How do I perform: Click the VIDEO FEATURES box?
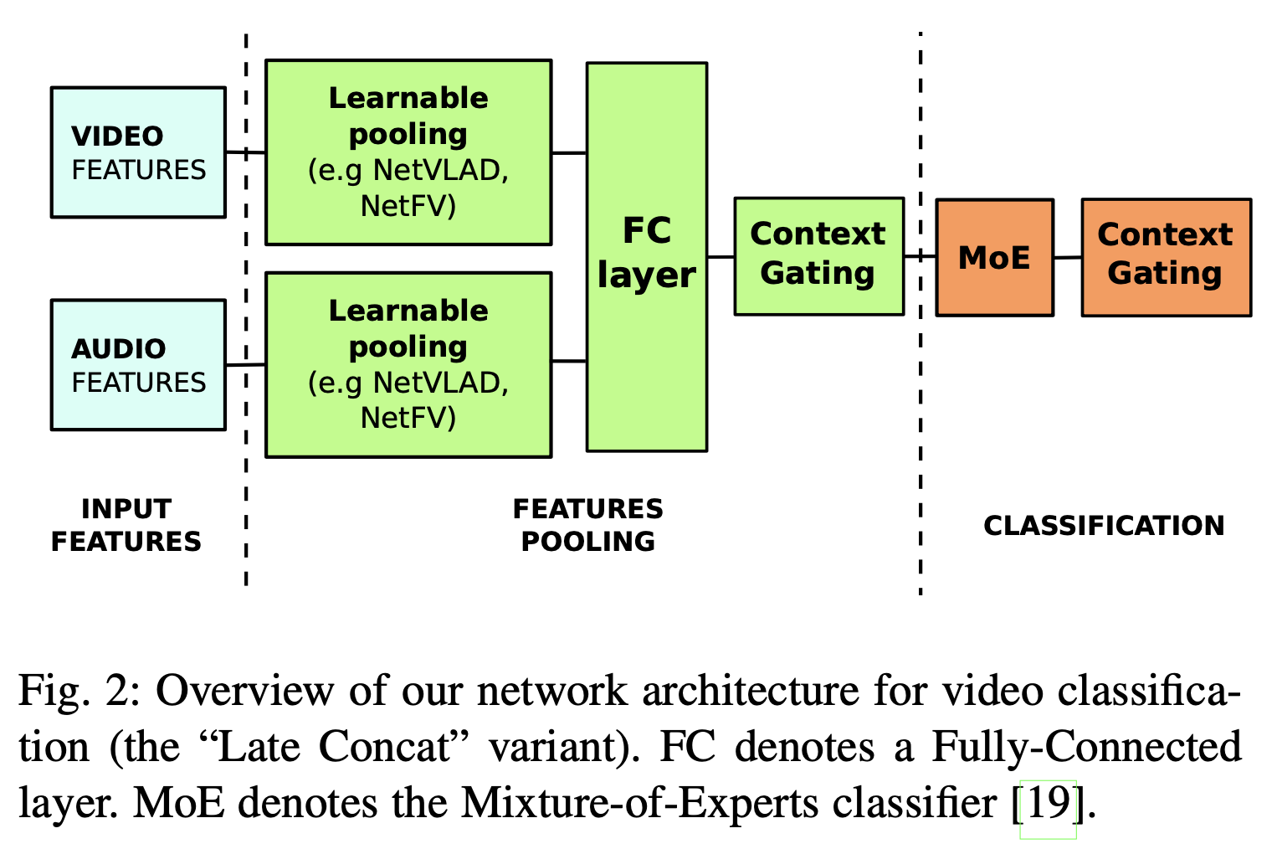(x=138, y=152)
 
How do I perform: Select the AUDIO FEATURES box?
(x=138, y=365)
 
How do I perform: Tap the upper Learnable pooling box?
(x=408, y=152)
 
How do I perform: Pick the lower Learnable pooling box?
(x=408, y=364)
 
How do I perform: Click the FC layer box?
(x=647, y=256)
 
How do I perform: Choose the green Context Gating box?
(x=818, y=256)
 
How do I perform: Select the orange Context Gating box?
(x=1166, y=257)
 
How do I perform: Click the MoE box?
(x=994, y=257)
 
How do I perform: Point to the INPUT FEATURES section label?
(x=126, y=525)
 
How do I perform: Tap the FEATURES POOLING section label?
(x=587, y=525)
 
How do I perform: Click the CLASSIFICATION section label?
(x=1104, y=525)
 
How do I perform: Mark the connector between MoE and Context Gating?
(x=1067, y=257)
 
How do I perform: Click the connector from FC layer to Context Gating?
(x=721, y=257)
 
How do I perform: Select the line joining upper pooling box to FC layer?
(x=569, y=153)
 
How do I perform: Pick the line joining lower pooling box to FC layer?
(x=569, y=361)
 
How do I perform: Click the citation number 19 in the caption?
(x=1048, y=804)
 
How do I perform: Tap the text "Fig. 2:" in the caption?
(x=80, y=692)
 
